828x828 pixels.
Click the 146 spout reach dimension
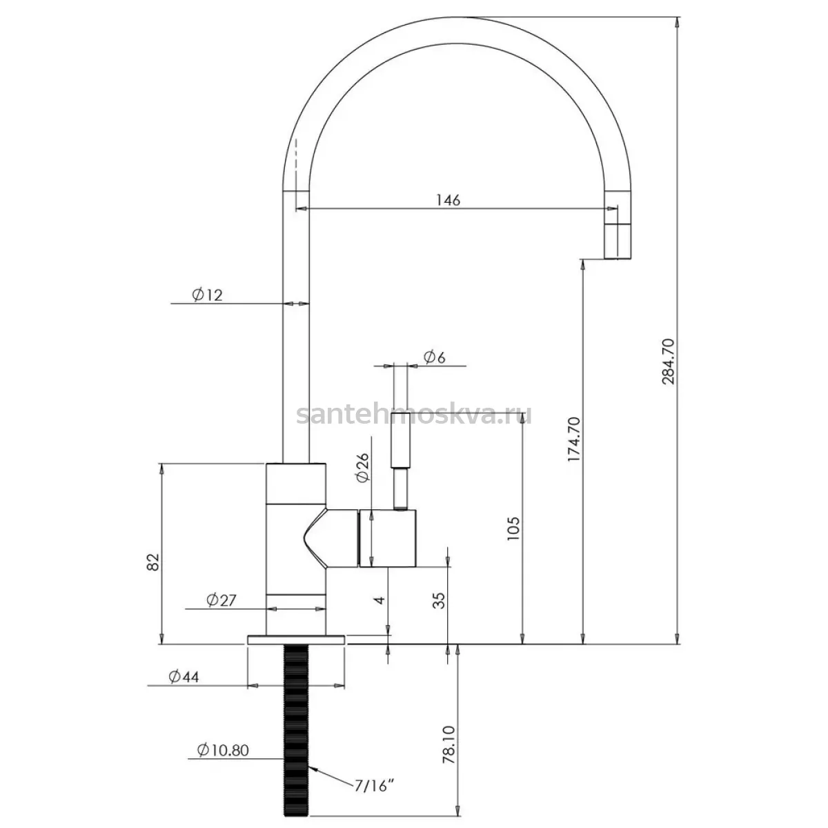[448, 200]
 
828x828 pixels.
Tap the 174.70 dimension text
[574, 440]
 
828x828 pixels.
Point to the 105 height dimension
[513, 529]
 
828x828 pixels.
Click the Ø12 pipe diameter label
[207, 295]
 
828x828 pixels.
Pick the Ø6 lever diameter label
[435, 357]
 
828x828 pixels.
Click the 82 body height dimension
[153, 562]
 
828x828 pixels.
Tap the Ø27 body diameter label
[221, 600]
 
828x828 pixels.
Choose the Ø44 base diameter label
[184, 677]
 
